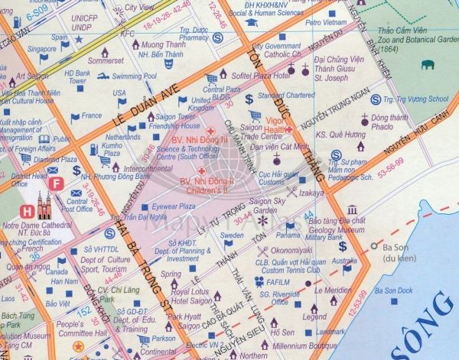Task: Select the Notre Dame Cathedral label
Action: pos(37,226)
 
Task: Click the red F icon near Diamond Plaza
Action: pos(55,184)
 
